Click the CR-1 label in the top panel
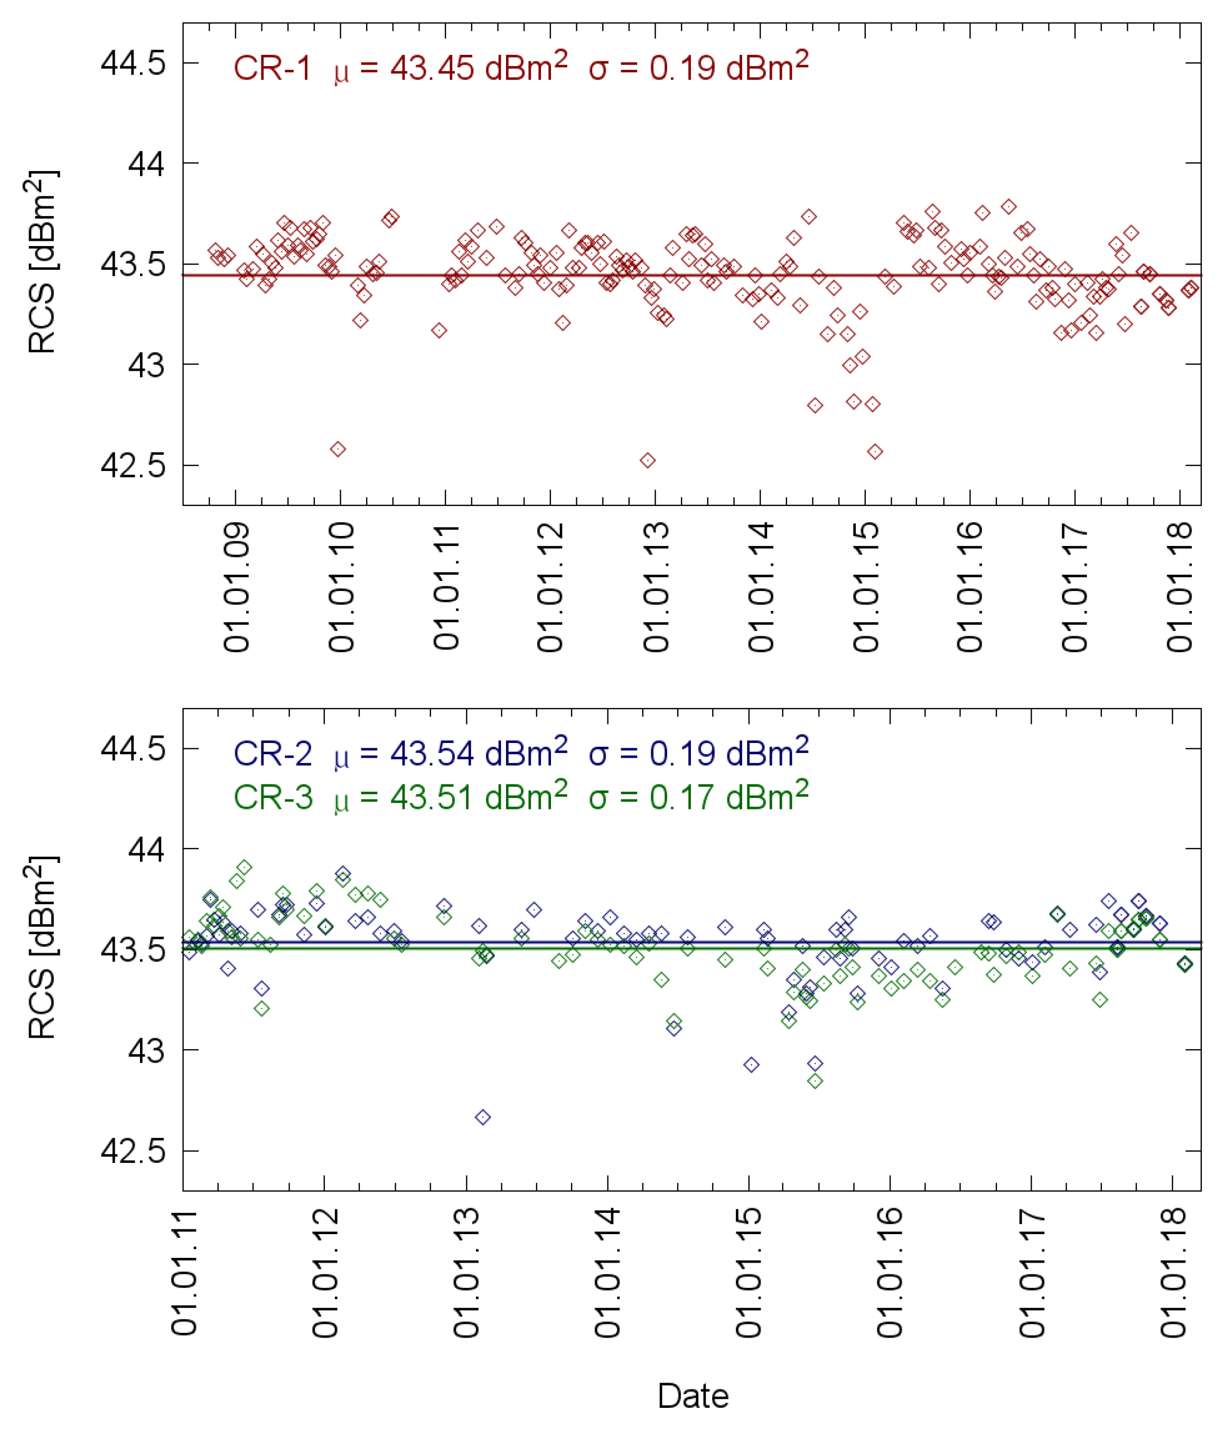273,69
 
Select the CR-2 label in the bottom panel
273,754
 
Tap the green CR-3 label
273,798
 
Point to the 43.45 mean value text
432,69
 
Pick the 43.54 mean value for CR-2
432,754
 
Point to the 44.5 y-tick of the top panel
133,63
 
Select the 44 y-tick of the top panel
146,164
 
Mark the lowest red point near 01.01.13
648,460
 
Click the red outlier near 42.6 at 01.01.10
338,449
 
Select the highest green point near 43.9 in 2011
244,867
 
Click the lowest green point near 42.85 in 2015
815,1080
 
